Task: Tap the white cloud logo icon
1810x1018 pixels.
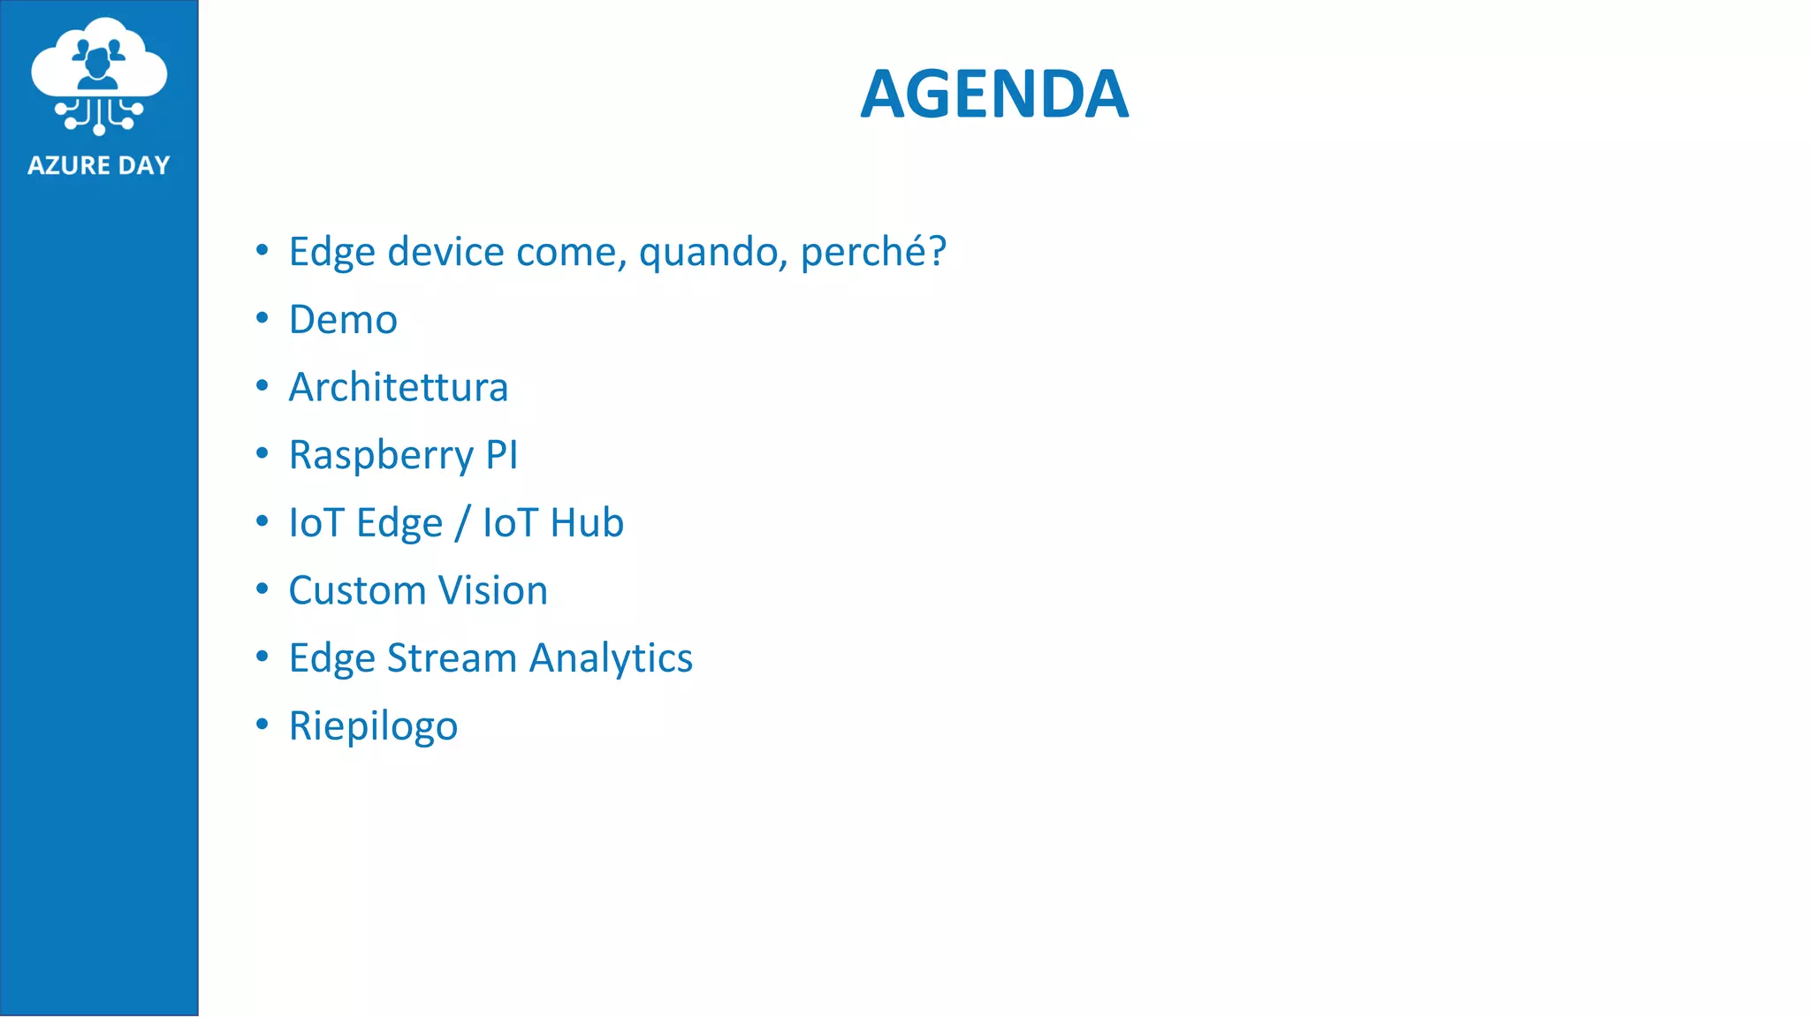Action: point(99,75)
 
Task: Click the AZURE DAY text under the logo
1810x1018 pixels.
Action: point(99,165)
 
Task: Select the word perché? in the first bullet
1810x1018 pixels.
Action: point(873,252)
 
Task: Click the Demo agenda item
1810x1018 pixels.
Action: point(343,319)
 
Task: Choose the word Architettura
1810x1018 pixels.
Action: point(399,387)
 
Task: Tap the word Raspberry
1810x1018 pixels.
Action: point(381,456)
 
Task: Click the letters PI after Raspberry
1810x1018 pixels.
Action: point(501,455)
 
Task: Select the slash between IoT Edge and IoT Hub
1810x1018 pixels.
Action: point(462,522)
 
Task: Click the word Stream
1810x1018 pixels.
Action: point(452,658)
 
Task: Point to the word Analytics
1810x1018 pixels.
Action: point(611,659)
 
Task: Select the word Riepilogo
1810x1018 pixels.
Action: point(373,726)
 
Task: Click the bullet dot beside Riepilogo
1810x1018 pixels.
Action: point(262,725)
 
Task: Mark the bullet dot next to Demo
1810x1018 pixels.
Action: point(262,318)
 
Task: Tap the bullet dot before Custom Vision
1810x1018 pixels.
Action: point(262,589)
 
